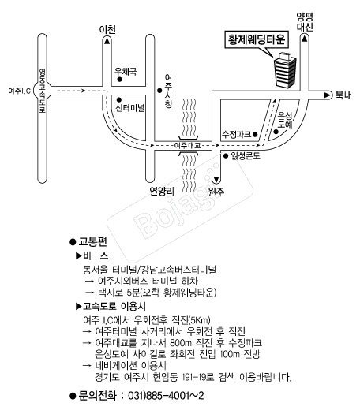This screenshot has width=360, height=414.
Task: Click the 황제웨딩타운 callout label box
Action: click(x=257, y=40)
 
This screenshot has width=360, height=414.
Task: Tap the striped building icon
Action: click(x=285, y=70)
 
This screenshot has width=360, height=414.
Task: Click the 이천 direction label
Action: click(x=107, y=29)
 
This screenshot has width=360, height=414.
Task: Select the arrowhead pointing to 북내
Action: click(x=328, y=95)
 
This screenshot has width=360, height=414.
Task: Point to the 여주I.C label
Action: click(x=19, y=91)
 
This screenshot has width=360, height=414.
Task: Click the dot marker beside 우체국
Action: click(x=119, y=79)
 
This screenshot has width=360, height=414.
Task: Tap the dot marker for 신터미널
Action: click(x=119, y=100)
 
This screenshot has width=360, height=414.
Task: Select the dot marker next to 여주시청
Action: click(x=159, y=91)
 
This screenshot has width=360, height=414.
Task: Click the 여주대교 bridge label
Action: click(x=187, y=145)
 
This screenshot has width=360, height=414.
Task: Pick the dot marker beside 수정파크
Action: click(x=255, y=135)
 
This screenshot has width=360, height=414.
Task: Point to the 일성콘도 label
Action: click(x=246, y=156)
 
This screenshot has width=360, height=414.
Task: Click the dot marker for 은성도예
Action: click(x=276, y=131)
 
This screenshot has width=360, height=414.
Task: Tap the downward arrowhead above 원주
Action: click(x=216, y=180)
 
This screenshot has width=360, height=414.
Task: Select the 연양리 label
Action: click(x=162, y=191)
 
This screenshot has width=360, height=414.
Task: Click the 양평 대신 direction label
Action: click(x=305, y=22)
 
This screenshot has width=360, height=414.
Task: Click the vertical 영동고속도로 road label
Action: click(x=43, y=91)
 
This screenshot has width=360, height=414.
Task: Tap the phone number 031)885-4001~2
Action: click(x=166, y=396)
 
